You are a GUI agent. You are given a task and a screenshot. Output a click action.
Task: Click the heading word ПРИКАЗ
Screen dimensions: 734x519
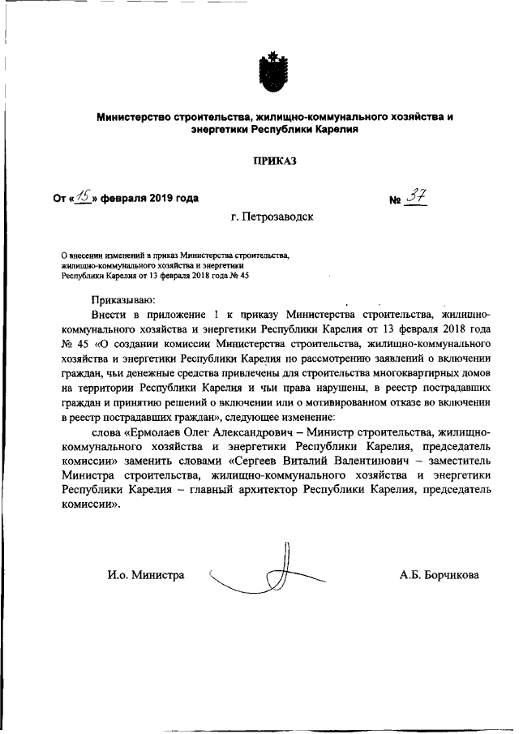(x=274, y=161)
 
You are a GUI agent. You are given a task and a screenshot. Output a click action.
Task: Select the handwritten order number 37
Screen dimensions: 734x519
(x=416, y=195)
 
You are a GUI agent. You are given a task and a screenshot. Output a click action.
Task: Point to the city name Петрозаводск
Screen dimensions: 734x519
(x=273, y=217)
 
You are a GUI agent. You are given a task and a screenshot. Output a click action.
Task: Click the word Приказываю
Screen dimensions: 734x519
(x=123, y=300)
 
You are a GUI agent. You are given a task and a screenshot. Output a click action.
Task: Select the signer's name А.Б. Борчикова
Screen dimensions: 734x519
(x=439, y=575)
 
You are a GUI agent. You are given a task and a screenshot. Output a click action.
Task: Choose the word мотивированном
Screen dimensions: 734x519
(x=359, y=402)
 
